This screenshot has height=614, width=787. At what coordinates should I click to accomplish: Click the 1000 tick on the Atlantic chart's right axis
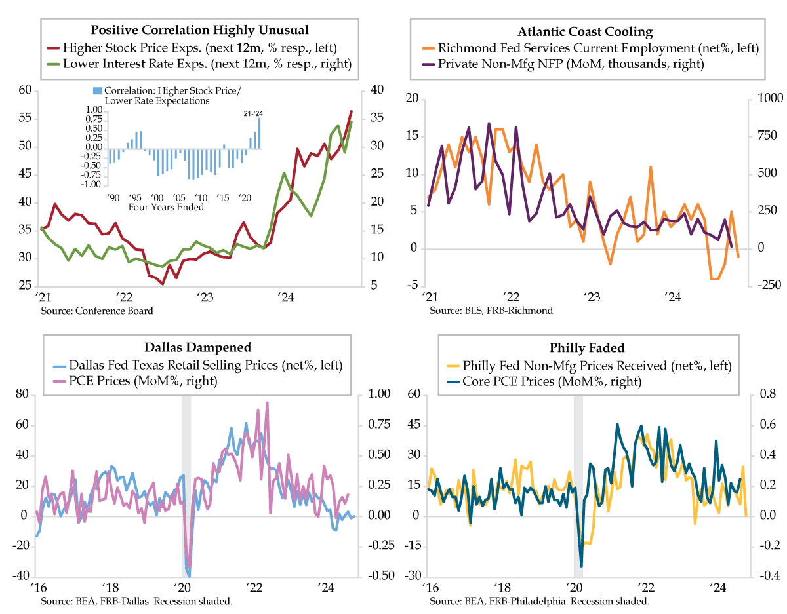[764, 98]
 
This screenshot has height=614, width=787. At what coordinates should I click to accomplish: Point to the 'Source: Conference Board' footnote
[97, 310]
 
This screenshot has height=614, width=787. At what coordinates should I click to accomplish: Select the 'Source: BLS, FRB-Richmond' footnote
[491, 310]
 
